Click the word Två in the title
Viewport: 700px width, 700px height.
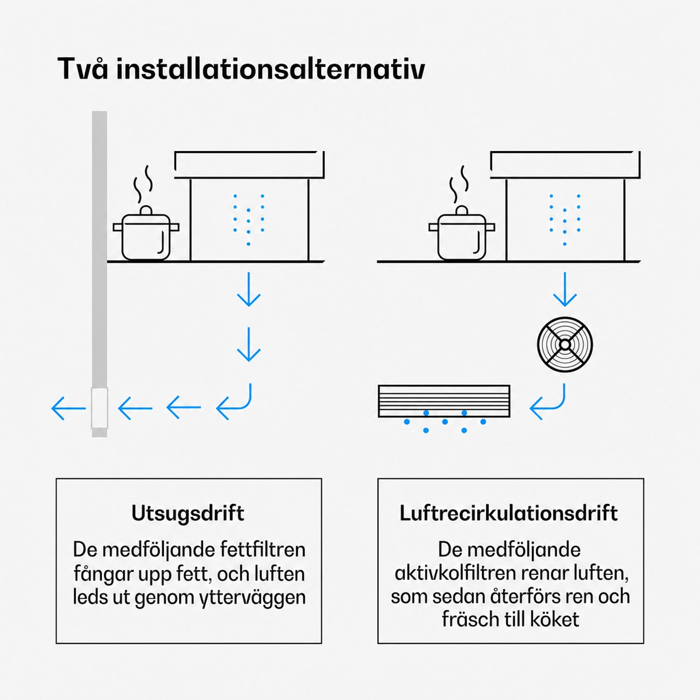(83, 69)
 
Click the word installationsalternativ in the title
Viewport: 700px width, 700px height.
(271, 69)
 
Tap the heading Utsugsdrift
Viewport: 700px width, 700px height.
(188, 513)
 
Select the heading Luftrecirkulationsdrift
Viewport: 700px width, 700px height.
(509, 513)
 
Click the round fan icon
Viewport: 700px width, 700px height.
(565, 344)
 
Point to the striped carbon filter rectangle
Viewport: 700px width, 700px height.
(444, 401)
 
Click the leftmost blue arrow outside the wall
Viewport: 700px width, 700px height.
(69, 408)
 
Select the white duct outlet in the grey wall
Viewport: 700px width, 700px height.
(99, 408)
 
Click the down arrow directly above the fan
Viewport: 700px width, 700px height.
(565, 289)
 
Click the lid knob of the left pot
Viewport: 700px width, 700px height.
(146, 210)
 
